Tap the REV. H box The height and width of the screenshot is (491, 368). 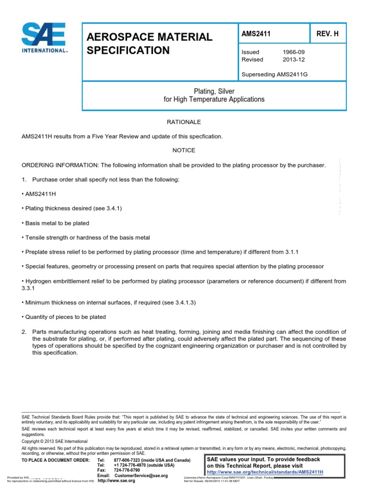(x=329, y=33)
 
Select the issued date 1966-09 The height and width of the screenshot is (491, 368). (x=294, y=52)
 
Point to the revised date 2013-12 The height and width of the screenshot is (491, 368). (x=294, y=59)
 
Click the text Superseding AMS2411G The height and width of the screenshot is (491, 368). (x=272, y=74)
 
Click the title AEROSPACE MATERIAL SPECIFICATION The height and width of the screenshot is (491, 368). (x=149, y=43)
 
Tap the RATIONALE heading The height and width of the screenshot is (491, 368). (x=184, y=122)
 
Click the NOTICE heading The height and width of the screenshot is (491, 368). (x=184, y=150)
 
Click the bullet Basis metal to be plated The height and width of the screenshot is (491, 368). (x=56, y=223)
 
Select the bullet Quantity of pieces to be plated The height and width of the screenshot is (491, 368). (x=64, y=317)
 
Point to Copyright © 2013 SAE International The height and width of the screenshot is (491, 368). (x=55, y=441)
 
